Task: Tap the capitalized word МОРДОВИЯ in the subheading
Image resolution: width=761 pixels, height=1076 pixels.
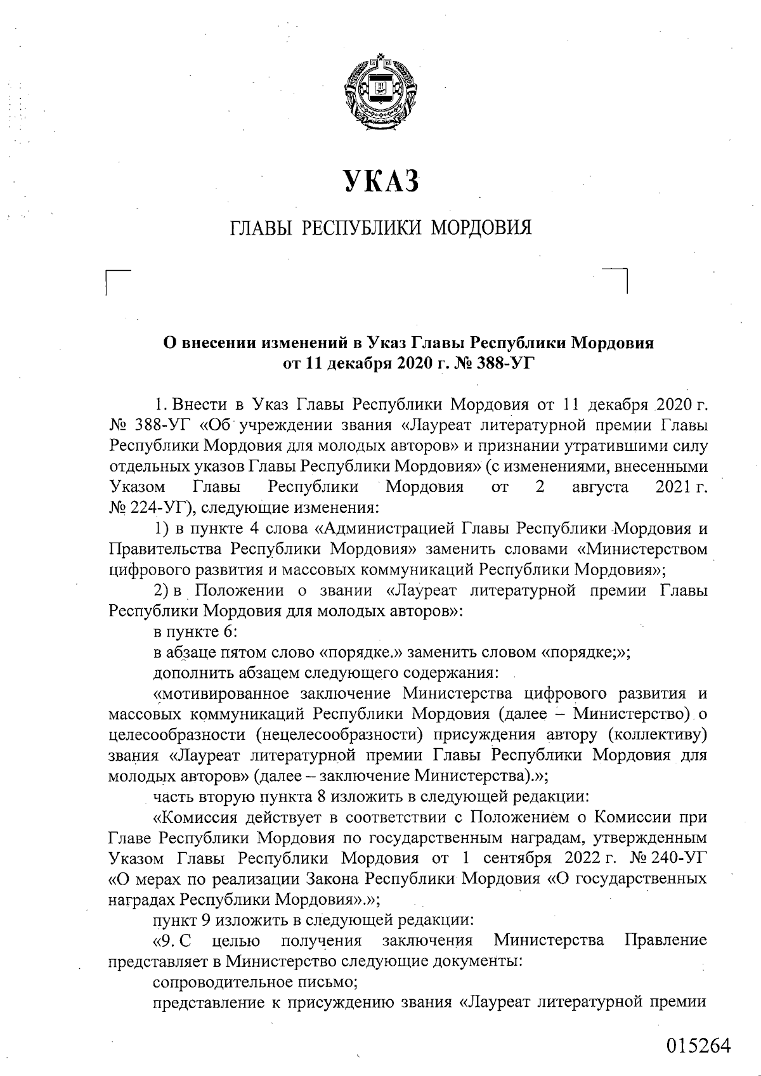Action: pyautogui.click(x=481, y=227)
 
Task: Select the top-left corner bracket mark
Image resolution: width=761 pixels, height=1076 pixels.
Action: pyautogui.click(x=117, y=281)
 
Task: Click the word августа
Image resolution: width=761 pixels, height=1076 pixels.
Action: pyautogui.click(x=599, y=488)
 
